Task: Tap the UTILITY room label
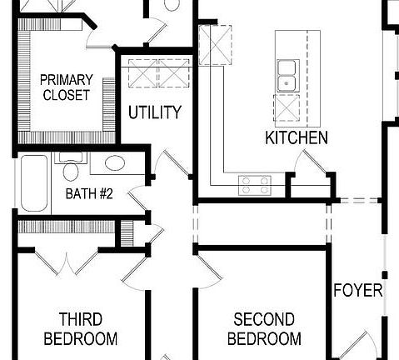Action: (154, 112)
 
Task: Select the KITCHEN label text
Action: (297, 137)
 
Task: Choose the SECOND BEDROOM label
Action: (264, 329)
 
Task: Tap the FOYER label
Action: (357, 291)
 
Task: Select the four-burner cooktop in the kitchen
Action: (255, 185)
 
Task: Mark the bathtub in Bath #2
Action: (34, 182)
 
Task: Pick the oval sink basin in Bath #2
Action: (114, 163)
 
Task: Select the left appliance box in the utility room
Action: (141, 73)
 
